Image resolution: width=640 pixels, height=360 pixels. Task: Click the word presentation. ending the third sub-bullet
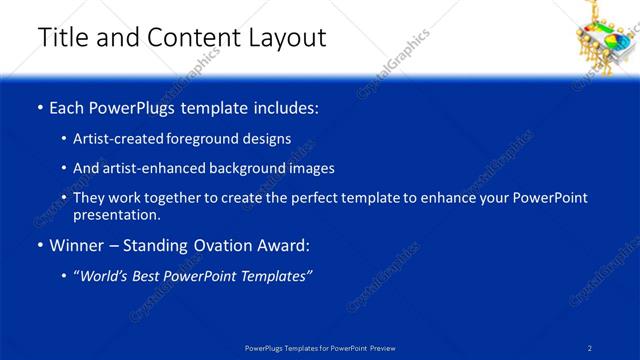pos(117,214)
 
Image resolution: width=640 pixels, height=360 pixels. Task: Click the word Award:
pos(282,245)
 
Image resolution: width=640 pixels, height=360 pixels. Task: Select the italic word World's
pos(107,275)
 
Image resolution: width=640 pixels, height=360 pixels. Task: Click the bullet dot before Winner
pos(39,245)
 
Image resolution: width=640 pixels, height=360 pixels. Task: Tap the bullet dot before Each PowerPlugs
pos(39,107)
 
